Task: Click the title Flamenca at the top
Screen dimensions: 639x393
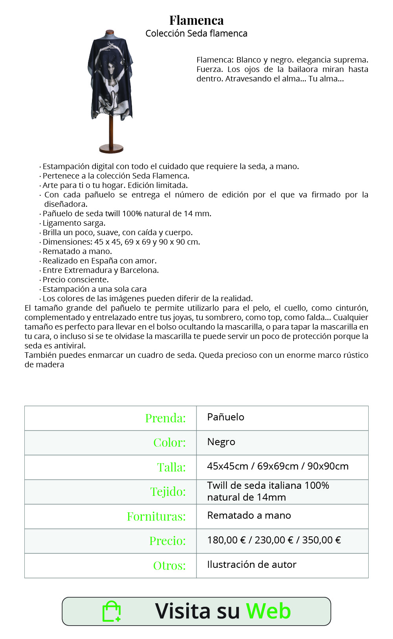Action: tap(196, 20)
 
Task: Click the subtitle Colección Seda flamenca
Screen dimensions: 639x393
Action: tap(196, 33)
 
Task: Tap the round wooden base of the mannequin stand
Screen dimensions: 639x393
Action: tap(111, 149)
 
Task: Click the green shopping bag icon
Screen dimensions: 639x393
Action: tap(111, 611)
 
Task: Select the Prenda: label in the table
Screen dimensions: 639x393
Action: tap(165, 418)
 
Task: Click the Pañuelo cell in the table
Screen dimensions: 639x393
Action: tap(226, 417)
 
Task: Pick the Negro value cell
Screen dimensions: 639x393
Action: tap(221, 442)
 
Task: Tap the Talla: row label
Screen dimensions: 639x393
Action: tap(171, 467)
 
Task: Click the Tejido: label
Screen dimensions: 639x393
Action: tap(168, 492)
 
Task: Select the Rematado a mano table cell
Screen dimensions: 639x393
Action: tap(249, 516)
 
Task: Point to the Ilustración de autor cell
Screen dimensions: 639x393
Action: tap(252, 565)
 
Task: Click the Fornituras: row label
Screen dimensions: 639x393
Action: tap(156, 516)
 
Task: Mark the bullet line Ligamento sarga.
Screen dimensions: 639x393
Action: tap(74, 223)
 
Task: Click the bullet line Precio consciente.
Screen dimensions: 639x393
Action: tap(75, 280)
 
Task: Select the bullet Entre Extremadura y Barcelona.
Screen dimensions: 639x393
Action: tap(101, 270)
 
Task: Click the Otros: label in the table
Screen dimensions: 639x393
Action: tap(169, 565)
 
